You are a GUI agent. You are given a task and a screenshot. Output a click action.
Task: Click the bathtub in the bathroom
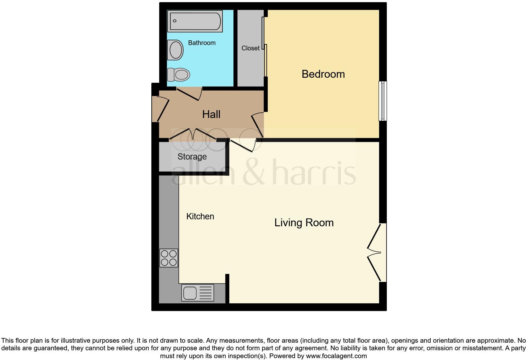(x=195, y=21)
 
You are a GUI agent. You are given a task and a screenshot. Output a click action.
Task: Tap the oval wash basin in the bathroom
(x=176, y=50)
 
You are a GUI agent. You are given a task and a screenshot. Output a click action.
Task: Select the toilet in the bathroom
(x=179, y=75)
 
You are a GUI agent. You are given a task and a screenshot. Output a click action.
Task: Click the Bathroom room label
(x=202, y=43)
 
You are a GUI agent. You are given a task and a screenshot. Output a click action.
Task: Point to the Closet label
(x=250, y=48)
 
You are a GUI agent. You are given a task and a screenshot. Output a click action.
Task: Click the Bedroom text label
(x=323, y=74)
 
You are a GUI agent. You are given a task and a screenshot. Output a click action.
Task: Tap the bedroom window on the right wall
(x=383, y=101)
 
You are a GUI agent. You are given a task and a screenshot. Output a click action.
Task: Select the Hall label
(x=211, y=114)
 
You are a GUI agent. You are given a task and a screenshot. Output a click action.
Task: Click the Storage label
(x=192, y=156)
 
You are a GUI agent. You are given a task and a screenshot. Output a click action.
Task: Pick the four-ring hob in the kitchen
(x=169, y=258)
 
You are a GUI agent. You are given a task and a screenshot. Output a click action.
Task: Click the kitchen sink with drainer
(x=198, y=293)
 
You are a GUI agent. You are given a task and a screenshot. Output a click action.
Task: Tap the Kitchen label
(x=200, y=217)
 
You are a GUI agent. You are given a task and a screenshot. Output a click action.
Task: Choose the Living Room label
(x=304, y=223)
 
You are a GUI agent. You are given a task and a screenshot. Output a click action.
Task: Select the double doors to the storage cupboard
(x=193, y=134)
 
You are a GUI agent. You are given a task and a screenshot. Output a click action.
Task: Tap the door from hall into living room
(x=243, y=145)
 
